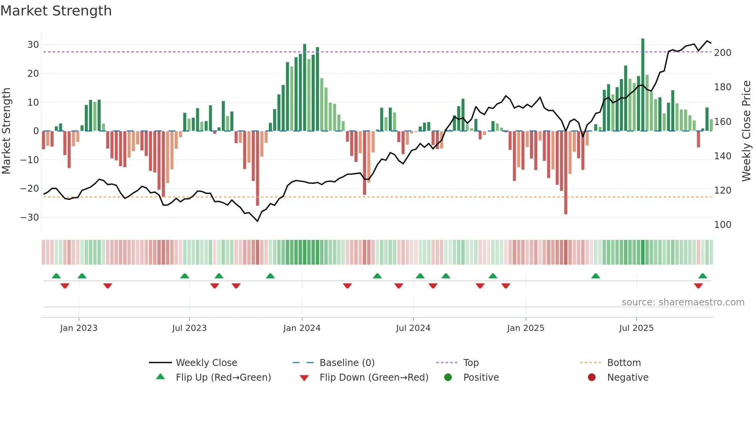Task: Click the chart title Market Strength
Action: (x=56, y=11)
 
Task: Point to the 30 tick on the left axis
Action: (x=33, y=45)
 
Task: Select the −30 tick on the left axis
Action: (x=30, y=218)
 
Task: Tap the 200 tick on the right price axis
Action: (x=722, y=53)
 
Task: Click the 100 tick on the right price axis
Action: (x=722, y=225)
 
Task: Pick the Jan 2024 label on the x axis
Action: (x=302, y=328)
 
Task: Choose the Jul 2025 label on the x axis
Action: (x=636, y=328)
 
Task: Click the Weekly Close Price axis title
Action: (x=746, y=131)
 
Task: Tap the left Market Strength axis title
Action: (x=7, y=131)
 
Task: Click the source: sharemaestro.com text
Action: (x=683, y=302)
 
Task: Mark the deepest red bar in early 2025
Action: (x=566, y=174)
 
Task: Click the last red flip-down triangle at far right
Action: (x=698, y=286)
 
